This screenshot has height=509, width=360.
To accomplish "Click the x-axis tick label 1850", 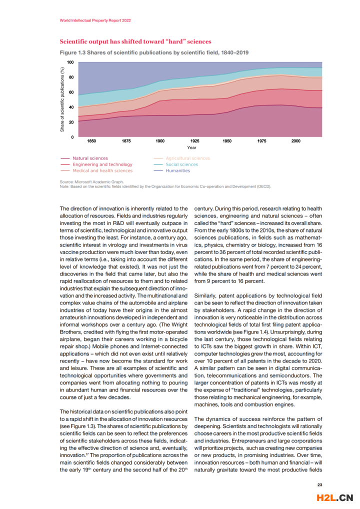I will pos(92,141).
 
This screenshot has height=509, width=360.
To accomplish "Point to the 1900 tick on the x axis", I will pos(159,141).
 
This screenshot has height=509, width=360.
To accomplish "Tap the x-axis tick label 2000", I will pos(295,141).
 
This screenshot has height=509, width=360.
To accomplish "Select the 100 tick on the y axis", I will pos(70,62).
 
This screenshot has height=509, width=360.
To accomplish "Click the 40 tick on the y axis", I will pos(71,107).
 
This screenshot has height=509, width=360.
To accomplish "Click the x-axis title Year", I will pos(192,147).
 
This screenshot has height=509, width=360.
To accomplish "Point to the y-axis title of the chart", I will pos(62,99).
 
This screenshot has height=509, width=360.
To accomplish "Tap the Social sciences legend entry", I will pos(181,164).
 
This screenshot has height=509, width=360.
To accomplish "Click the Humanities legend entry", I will pos(178,170).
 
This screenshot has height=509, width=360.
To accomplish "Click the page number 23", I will pos(320,484).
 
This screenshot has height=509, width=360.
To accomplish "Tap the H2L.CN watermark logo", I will pos(335,497).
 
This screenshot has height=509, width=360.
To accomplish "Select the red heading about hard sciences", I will pos(135,41).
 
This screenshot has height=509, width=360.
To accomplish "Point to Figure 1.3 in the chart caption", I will pos(72,52).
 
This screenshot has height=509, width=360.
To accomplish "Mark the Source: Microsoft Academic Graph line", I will pos(91,182).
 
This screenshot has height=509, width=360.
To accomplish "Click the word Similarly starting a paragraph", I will pos(206,295).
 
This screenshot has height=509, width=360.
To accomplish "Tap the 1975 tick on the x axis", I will pos(261,141).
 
